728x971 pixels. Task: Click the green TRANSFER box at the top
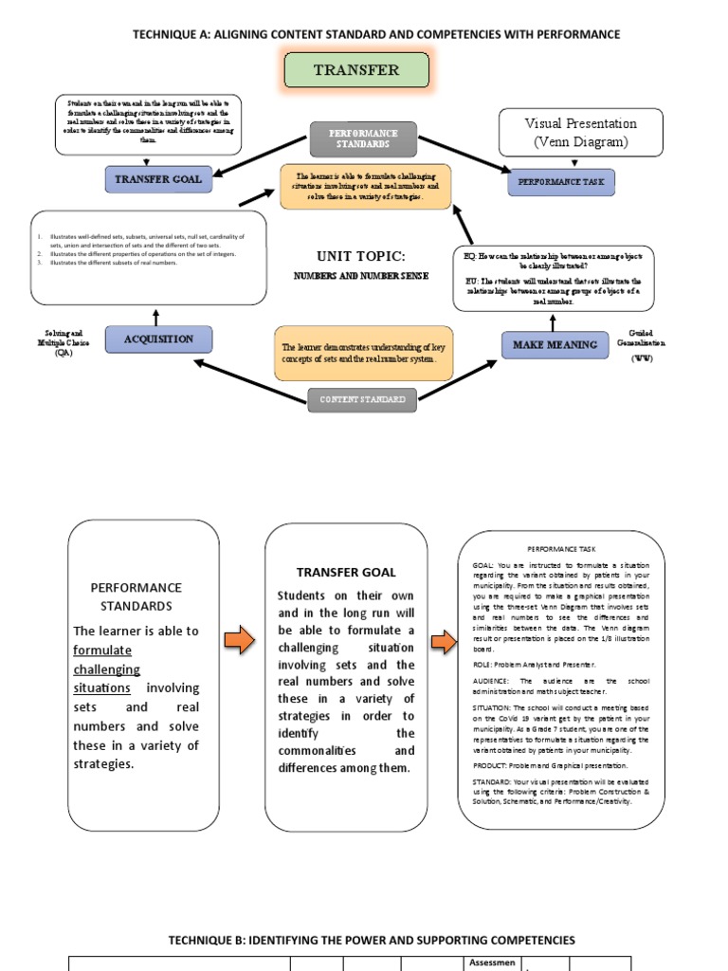pos(356,71)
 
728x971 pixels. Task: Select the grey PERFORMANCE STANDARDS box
pos(363,139)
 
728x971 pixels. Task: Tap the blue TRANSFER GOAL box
pos(158,179)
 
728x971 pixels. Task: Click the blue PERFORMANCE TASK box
pos(561,181)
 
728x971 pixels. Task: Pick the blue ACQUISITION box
pos(158,339)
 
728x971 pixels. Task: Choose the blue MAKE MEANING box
pos(555,345)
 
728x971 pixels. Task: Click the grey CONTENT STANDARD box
pos(363,400)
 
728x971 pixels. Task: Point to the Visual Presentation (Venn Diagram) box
pos(581,133)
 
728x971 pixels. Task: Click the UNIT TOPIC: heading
pos(360,257)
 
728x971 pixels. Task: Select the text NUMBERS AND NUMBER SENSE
pos(360,276)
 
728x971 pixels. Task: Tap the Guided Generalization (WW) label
pos(642,346)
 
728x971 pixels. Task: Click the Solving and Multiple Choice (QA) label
pos(64,343)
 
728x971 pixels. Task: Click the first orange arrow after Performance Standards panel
pos(239,641)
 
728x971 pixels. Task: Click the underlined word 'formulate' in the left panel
pos(102,650)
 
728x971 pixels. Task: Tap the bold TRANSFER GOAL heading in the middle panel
pos(346,572)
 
